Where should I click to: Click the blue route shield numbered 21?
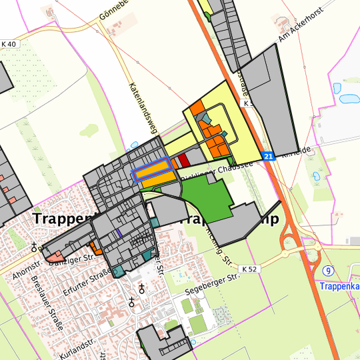[268, 156]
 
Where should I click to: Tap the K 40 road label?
[9, 44]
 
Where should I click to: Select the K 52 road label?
[250, 269]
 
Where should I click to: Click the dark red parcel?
[185, 159]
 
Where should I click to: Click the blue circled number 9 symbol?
[329, 271]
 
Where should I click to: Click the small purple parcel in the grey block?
[118, 232]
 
